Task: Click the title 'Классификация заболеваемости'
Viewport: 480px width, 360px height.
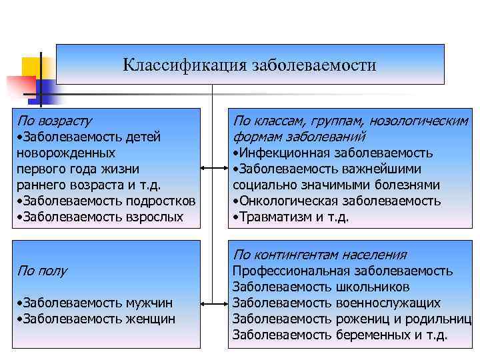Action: (x=249, y=65)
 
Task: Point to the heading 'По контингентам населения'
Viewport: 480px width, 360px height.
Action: (x=320, y=255)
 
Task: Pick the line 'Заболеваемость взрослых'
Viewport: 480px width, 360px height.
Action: (x=100, y=217)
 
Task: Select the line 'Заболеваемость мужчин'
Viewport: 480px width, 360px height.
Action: (x=97, y=303)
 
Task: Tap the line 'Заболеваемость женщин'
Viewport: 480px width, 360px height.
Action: (x=97, y=319)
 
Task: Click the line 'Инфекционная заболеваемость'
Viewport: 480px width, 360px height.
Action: (x=333, y=153)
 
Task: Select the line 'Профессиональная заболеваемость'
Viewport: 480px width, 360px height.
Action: (x=343, y=271)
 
